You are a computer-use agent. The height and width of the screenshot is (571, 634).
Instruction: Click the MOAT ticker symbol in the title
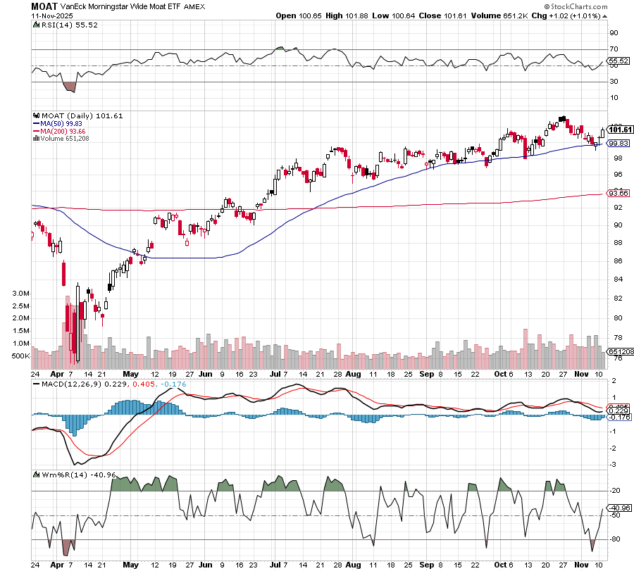[x=44, y=6]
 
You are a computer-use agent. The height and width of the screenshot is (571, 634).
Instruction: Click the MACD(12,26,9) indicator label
[x=71, y=384]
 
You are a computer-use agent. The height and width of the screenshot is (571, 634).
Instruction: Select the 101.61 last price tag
[x=620, y=130]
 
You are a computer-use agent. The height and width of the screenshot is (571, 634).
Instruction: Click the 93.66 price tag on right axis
[x=618, y=193]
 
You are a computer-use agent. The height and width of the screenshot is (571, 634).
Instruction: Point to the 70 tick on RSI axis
[x=613, y=50]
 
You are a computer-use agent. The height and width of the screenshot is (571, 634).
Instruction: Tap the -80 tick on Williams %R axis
[x=614, y=539]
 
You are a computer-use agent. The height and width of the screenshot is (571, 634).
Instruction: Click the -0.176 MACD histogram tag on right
[x=620, y=418]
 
